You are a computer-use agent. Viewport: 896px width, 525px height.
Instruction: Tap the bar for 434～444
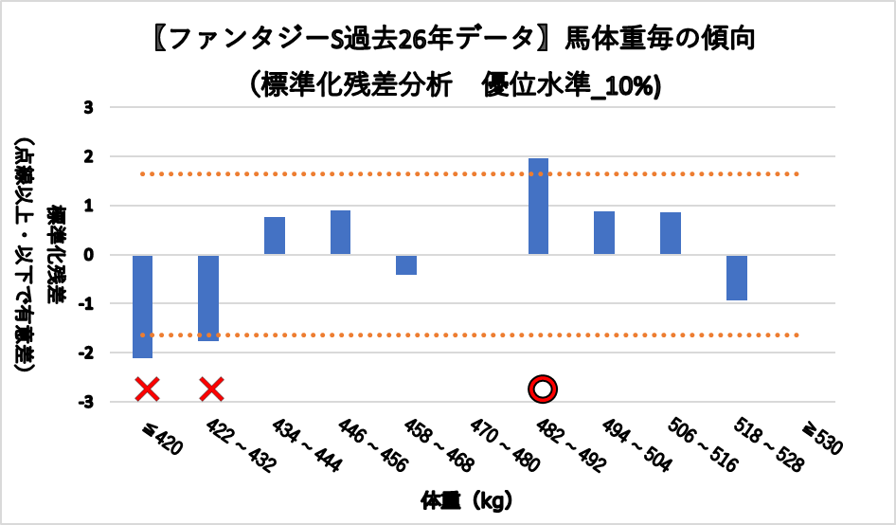pyautogui.click(x=275, y=236)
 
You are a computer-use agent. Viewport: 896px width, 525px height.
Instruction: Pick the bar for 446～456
pyautogui.click(x=341, y=232)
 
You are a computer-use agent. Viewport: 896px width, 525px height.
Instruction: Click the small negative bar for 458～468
pyautogui.click(x=406, y=264)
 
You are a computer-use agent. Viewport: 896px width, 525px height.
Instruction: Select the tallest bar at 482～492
pyautogui.click(x=539, y=207)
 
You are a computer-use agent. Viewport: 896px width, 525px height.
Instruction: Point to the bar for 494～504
pyautogui.click(x=604, y=233)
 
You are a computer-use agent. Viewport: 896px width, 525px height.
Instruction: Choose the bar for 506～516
pyautogui.click(x=671, y=233)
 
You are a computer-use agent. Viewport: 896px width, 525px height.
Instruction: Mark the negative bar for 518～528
pyautogui.click(x=737, y=278)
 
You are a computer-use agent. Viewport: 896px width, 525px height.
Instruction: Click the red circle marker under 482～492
pyautogui.click(x=543, y=389)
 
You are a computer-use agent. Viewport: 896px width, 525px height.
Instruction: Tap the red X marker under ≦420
pyautogui.click(x=147, y=389)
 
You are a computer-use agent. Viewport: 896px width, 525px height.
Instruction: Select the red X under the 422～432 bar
pyautogui.click(x=211, y=389)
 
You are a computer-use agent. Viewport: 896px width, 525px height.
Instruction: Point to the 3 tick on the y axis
pyautogui.click(x=89, y=107)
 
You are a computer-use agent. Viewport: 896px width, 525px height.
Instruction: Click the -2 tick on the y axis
pyautogui.click(x=86, y=353)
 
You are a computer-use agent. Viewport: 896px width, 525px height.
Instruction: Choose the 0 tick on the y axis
pyautogui.click(x=89, y=255)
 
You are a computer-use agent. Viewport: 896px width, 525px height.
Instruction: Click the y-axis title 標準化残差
pyautogui.click(x=58, y=254)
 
